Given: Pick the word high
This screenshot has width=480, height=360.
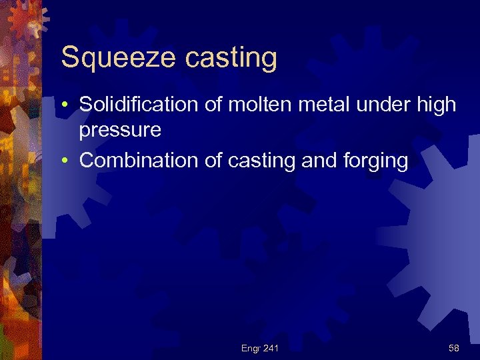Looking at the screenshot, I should tap(437, 105).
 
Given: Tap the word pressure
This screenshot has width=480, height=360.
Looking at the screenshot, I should tap(120, 129).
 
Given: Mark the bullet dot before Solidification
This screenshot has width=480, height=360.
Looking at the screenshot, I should tap(69, 105).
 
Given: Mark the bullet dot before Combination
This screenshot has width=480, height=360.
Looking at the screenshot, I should tap(69, 161).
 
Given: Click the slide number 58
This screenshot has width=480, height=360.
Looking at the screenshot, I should tap(454, 348).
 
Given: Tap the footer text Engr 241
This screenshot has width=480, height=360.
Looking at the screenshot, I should tap(260, 348).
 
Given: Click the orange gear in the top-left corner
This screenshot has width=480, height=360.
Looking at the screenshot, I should tap(27, 19).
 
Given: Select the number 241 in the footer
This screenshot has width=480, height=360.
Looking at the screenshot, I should tap(271, 348).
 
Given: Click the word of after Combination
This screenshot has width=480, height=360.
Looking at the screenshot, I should tap(201, 161).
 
